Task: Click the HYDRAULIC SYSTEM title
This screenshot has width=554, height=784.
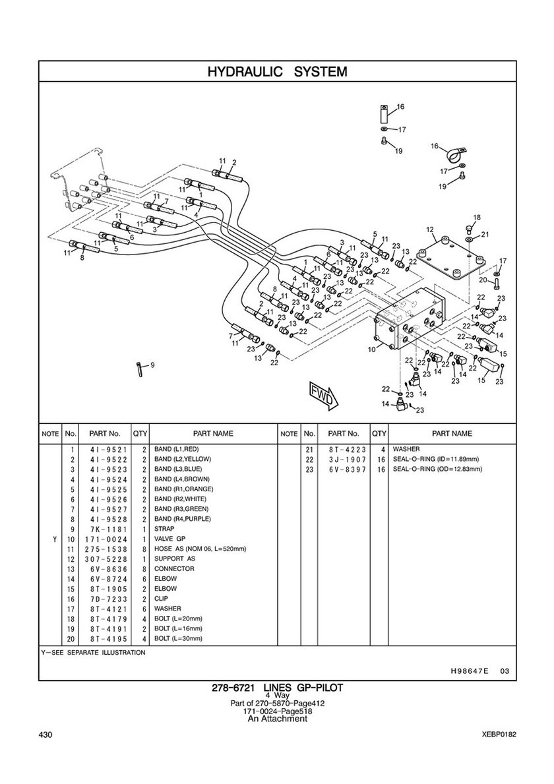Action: [x=277, y=71]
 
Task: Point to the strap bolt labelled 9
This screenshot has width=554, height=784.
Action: [x=139, y=370]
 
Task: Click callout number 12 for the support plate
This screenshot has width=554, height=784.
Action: [x=429, y=229]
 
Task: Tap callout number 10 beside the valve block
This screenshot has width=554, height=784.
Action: [x=371, y=348]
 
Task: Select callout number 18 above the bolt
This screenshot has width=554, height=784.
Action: [x=477, y=218]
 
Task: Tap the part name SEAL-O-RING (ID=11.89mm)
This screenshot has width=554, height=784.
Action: [x=436, y=459]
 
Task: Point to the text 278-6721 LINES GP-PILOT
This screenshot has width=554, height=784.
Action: [x=277, y=688]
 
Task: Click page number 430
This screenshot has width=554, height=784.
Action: [x=46, y=735]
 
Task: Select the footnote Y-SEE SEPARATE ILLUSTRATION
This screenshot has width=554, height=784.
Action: [x=92, y=652]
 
